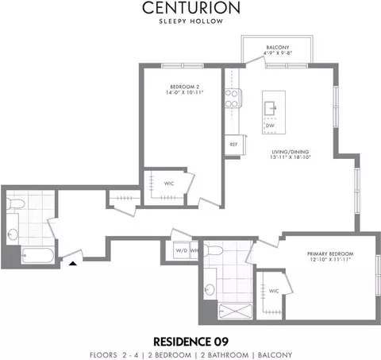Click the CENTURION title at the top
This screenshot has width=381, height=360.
pyautogui.click(x=191, y=8)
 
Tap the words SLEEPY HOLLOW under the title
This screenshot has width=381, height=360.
pyautogui.click(x=191, y=21)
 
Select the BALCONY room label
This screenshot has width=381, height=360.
pyautogui.click(x=278, y=48)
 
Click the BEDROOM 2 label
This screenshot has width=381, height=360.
pyautogui.click(x=184, y=87)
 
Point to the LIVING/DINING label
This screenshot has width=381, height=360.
pyautogui.click(x=291, y=152)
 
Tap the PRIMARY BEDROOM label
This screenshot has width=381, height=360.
pyautogui.click(x=330, y=254)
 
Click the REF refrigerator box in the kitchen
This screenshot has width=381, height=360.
pyautogui.click(x=234, y=145)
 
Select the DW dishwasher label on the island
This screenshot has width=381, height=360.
pyautogui.click(x=270, y=126)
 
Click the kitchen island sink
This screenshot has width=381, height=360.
pyautogui.click(x=270, y=108)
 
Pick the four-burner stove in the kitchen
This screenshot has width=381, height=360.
pyautogui.click(x=233, y=99)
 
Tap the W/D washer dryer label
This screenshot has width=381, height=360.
pyautogui.click(x=182, y=250)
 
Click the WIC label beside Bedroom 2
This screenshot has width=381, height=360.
pyautogui.click(x=169, y=184)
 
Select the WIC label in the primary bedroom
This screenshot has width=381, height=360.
pyautogui.click(x=274, y=291)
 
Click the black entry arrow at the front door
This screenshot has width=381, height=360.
pyautogui.click(x=73, y=263)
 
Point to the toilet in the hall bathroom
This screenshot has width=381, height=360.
pyautogui.click(x=15, y=203)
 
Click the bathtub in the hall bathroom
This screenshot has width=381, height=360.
pyautogui.click(x=38, y=255)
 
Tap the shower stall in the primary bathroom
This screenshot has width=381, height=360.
pyautogui.click(x=236, y=312)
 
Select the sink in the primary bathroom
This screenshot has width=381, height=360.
pyautogui.click(x=210, y=289)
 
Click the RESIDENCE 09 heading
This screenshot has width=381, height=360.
pyautogui.click(x=190, y=342)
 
